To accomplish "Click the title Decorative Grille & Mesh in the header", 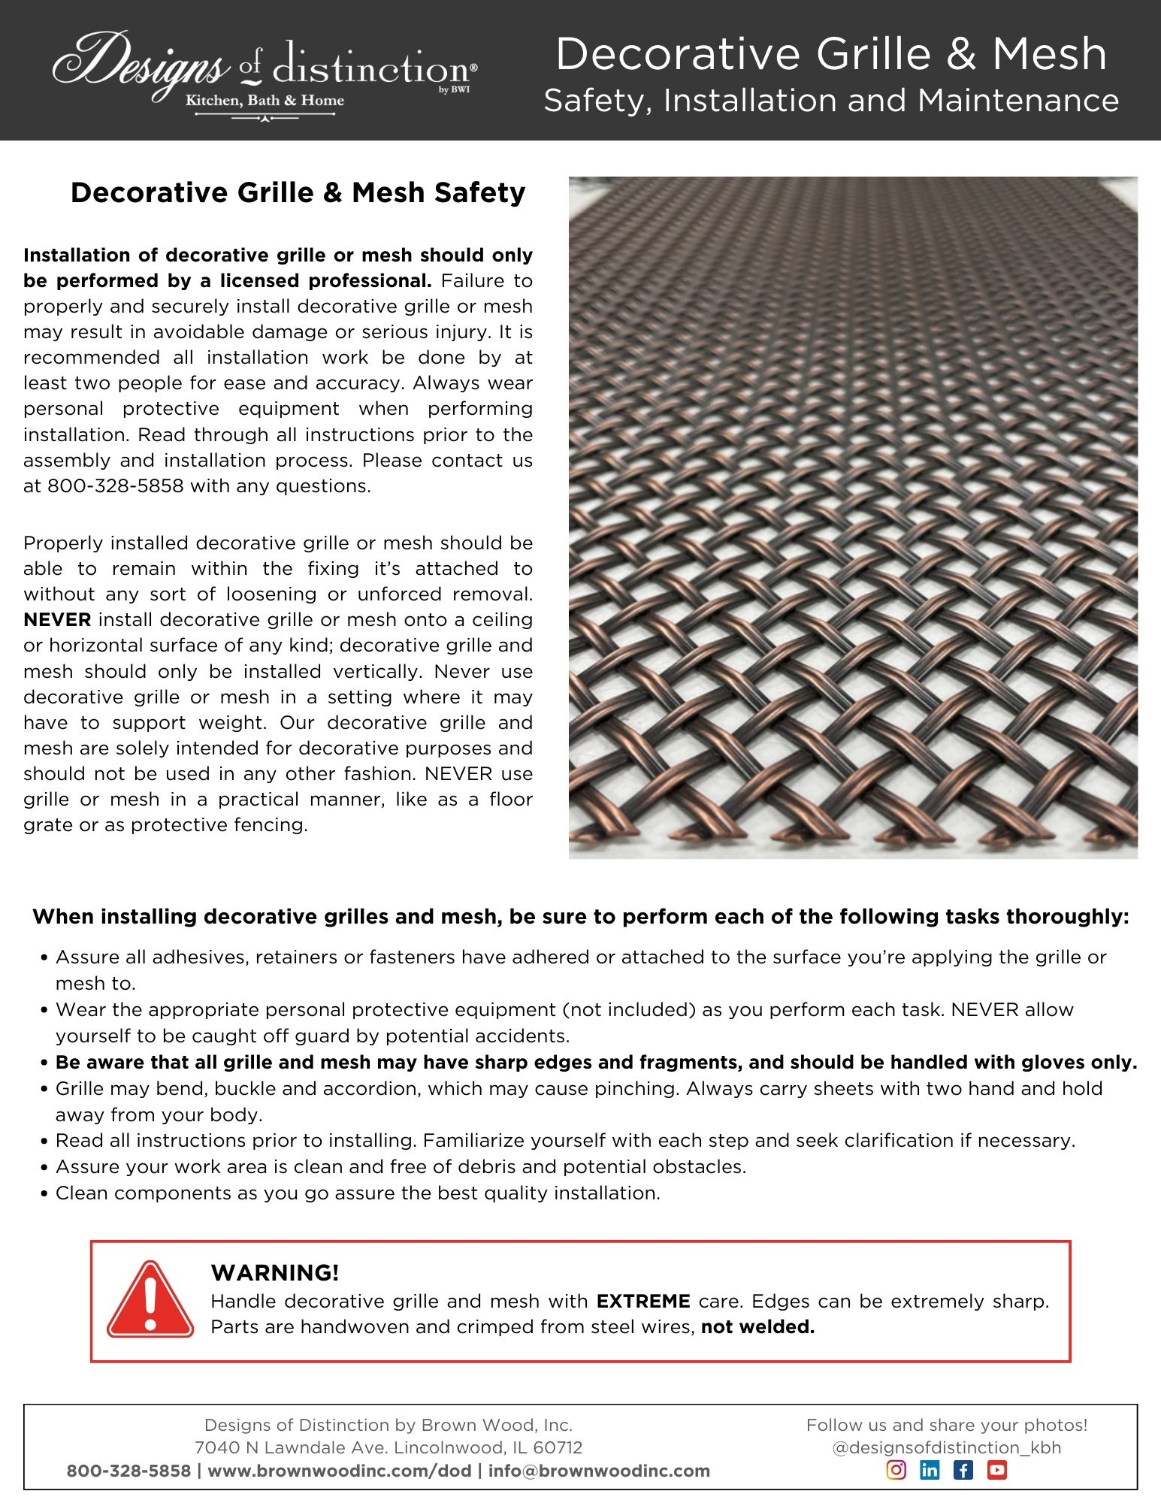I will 831,54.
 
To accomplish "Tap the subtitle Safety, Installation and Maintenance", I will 831,101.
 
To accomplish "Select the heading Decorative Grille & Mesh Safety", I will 298,193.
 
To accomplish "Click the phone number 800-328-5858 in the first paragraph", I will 115,486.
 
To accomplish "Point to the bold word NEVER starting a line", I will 57,620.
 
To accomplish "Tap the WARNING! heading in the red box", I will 275,1273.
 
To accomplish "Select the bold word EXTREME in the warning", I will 643,1302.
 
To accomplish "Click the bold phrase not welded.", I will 757,1327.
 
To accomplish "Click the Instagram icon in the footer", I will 896,1470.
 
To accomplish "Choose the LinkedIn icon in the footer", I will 930,1470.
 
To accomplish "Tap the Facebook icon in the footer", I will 963,1470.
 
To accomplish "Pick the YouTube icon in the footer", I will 996,1470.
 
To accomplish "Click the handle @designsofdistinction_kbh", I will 947,1447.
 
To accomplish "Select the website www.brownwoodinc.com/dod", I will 340,1471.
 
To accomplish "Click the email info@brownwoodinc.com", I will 599,1471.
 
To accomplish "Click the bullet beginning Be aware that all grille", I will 596,1063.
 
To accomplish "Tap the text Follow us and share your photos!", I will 947,1425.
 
